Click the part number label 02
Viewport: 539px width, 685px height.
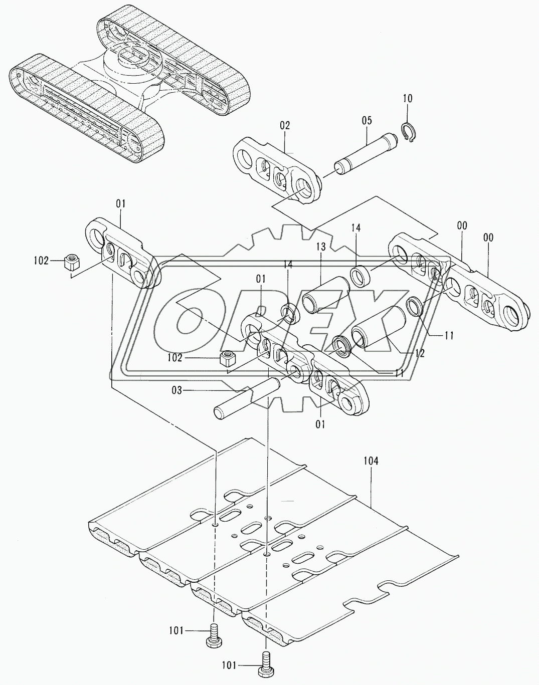tap(285, 126)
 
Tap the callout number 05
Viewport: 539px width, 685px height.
tap(367, 120)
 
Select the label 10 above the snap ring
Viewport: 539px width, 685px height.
tap(408, 98)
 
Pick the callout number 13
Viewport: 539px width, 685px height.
tap(321, 247)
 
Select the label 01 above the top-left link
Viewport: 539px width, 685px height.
tap(121, 204)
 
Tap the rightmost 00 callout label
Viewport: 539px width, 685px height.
tap(487, 238)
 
